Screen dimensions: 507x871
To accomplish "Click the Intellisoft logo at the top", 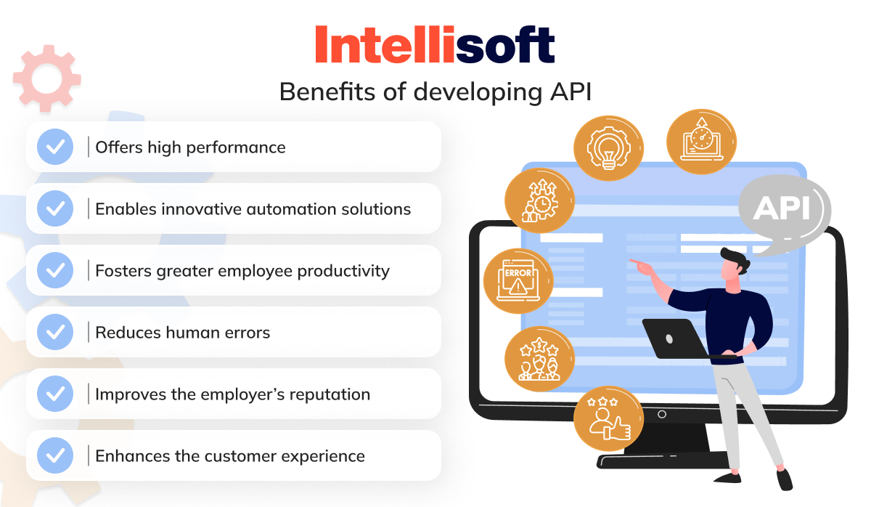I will pyautogui.click(x=435, y=45).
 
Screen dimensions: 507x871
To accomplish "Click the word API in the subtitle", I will pyautogui.click(x=569, y=92).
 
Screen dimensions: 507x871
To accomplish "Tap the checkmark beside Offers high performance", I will pyautogui.click(x=54, y=147).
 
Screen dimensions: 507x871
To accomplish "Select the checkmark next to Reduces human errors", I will pyautogui.click(x=54, y=333).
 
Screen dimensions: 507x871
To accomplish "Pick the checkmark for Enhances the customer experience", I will pyautogui.click(x=54, y=456).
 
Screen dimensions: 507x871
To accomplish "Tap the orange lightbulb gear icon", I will pyautogui.click(x=608, y=145).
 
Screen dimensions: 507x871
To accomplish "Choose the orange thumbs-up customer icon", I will pyautogui.click(x=608, y=420).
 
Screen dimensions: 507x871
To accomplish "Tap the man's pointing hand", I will pyautogui.click(x=639, y=263).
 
